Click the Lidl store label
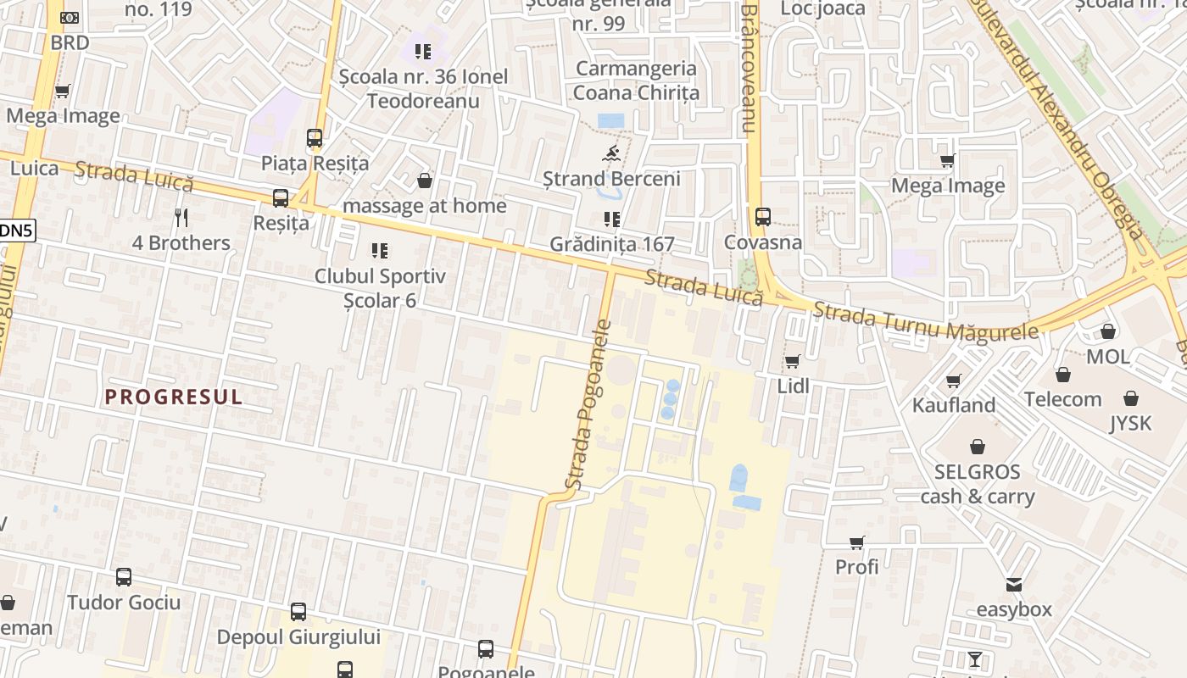coord(794,386)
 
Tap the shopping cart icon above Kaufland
coord(954,381)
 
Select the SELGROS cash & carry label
coord(978,484)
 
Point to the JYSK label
coord(1131,423)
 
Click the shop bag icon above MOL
coord(1108,331)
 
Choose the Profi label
coord(857,566)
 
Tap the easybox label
coord(1014,609)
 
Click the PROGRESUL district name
coord(174,397)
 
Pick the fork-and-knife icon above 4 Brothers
coord(181,218)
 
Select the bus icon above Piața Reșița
coord(315,138)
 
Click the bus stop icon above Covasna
coord(763,217)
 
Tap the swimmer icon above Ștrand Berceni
coord(610,153)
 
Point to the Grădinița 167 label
coord(612,244)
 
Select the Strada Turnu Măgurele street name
coord(925,321)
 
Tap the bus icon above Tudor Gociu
coord(124,577)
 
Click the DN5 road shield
coord(17,230)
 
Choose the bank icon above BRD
coord(70,18)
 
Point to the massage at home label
coord(425,206)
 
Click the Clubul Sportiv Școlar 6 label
coord(380,287)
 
